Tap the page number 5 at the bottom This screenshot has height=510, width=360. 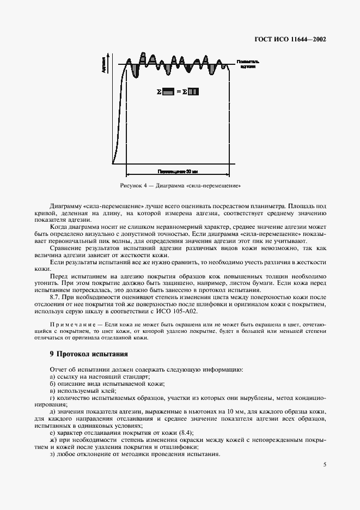coord(324,464)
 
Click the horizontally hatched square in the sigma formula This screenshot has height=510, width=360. coord(168,92)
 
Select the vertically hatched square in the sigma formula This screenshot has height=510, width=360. coord(194,92)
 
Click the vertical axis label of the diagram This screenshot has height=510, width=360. coord(103,68)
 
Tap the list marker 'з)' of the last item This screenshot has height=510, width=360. coord(52,454)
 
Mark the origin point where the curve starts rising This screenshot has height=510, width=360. coord(113,162)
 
